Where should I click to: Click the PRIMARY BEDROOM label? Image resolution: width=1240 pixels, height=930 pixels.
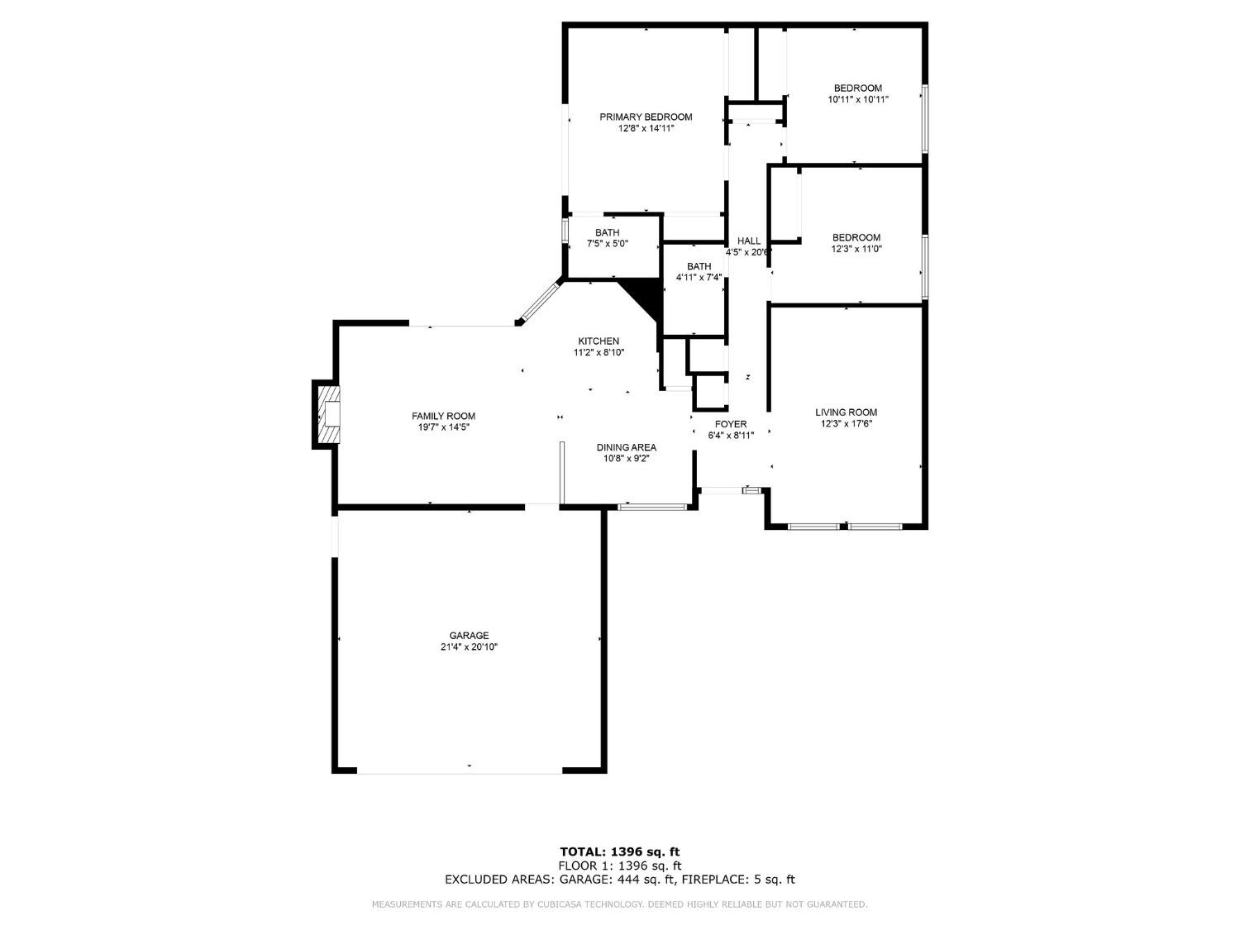click(646, 117)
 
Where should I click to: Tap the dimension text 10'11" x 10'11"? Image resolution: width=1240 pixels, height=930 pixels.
click(857, 99)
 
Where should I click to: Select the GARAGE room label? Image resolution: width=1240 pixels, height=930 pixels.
click(469, 636)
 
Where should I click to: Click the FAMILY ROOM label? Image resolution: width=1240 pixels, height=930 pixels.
click(443, 416)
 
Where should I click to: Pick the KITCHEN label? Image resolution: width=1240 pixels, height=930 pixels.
click(599, 341)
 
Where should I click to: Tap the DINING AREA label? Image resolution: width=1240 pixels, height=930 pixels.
click(626, 447)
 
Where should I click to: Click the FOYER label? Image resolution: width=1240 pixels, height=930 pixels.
click(731, 424)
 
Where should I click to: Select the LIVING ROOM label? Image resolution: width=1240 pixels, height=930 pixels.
click(846, 413)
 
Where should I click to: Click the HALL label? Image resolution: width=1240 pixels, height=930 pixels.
click(749, 241)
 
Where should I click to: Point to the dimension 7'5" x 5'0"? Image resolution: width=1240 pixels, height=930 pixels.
click(608, 244)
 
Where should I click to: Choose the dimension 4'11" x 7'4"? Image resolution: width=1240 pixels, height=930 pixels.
click(699, 278)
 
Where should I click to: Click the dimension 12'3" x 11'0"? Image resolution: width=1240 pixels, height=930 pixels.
click(856, 249)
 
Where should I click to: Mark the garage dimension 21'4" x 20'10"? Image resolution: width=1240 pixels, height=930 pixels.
click(469, 647)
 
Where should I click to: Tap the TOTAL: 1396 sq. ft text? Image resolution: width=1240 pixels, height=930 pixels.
click(620, 851)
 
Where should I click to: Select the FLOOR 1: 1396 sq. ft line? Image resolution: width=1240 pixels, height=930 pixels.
click(620, 866)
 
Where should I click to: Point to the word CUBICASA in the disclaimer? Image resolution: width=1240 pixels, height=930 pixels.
click(554, 904)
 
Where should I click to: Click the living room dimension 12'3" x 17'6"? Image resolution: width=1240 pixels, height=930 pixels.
click(846, 424)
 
